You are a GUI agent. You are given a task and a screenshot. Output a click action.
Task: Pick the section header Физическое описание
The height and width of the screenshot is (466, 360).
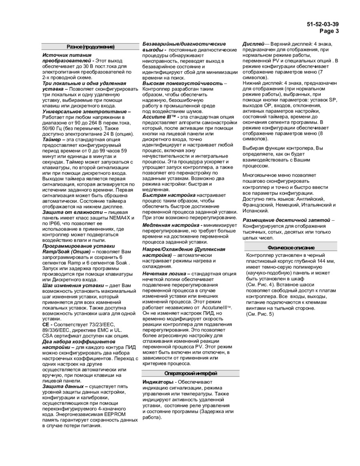tap(291, 248)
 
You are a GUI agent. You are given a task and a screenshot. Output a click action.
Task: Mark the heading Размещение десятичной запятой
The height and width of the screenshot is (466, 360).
tap(286, 220)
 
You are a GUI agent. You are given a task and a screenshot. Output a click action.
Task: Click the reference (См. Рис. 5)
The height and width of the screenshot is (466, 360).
tap(260, 314)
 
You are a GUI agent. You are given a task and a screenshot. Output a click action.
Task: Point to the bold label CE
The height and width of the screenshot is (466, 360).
tap(46, 324)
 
